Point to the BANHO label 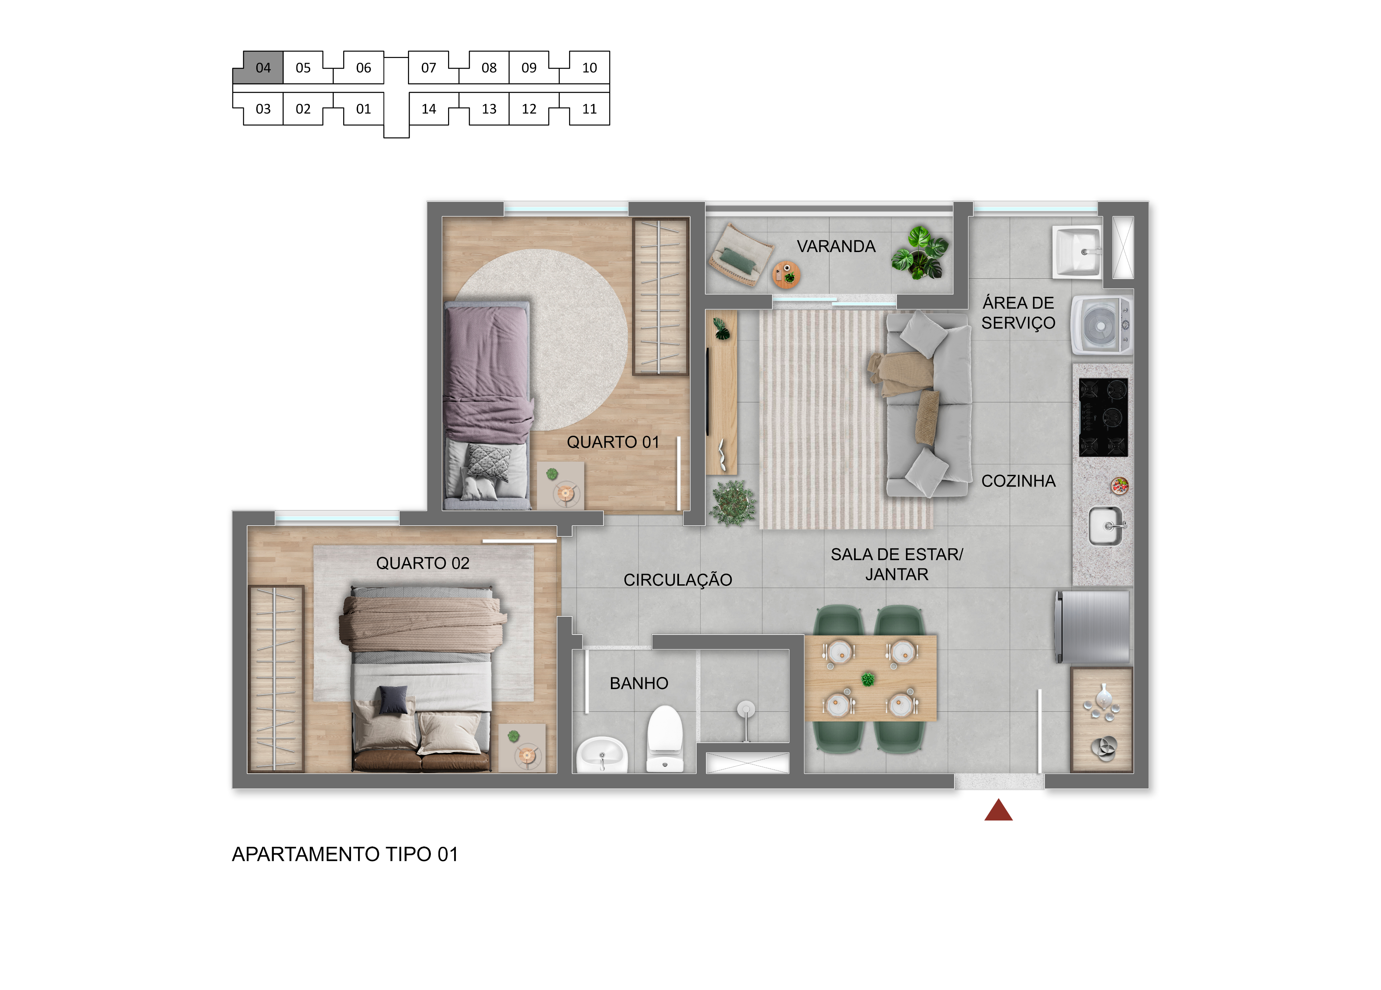click(x=639, y=683)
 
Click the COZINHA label click(x=1018, y=481)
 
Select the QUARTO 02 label click(x=422, y=563)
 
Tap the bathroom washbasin click(x=601, y=754)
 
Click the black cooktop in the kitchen click(x=1103, y=417)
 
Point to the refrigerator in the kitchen click(x=1093, y=627)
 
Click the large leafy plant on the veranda click(x=919, y=252)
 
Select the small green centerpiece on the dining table click(x=868, y=679)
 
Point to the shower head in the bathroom click(x=746, y=710)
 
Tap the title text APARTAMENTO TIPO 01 click(x=345, y=854)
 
